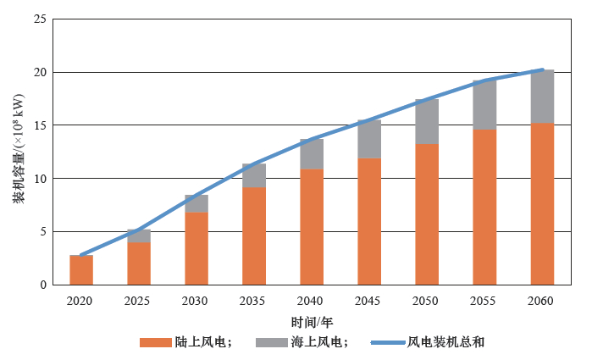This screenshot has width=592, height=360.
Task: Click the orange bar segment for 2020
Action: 81,270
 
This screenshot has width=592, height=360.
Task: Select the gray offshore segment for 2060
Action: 542,97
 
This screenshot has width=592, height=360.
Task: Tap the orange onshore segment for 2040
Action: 312,227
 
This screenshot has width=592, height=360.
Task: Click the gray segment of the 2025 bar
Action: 139,236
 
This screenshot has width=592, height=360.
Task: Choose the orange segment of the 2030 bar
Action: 196,248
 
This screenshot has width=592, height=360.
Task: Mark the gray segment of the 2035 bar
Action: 254,175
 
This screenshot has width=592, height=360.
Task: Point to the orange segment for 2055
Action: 484,208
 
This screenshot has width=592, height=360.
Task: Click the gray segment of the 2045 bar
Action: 369,140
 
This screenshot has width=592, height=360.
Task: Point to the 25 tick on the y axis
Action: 40,19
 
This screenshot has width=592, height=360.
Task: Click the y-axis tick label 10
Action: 40,179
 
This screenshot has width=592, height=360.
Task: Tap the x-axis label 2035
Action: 254,301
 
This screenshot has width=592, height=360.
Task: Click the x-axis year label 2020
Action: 81,301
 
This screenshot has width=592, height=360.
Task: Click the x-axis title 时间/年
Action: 311,322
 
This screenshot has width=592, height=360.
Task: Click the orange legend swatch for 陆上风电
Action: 156,342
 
